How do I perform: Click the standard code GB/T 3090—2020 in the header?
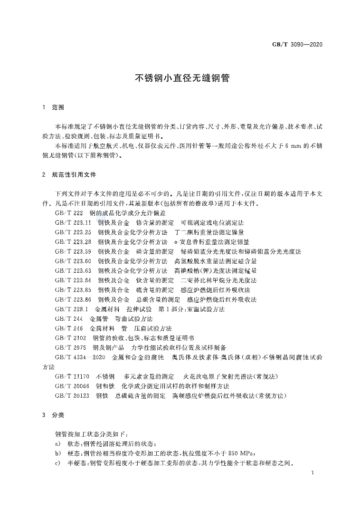click(x=298, y=45)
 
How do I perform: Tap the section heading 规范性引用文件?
click(x=74, y=175)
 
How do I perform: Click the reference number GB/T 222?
click(x=69, y=213)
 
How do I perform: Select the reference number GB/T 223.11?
click(x=73, y=223)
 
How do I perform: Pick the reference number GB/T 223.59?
click(x=73, y=251)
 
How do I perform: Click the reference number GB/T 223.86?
click(x=73, y=299)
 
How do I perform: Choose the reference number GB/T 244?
click(x=69, y=318)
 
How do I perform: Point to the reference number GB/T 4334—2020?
click(x=80, y=357)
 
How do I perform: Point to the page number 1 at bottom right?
click(x=312, y=473)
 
